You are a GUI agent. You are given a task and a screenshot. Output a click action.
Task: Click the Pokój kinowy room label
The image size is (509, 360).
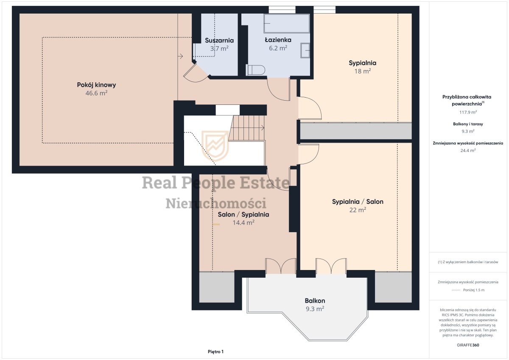point(96,85)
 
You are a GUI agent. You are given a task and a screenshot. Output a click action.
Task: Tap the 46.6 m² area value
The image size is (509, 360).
point(96,93)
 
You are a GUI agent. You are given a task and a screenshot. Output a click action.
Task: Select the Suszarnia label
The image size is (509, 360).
point(219,40)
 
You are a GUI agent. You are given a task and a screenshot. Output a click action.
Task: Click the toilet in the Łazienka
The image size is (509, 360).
point(256,70)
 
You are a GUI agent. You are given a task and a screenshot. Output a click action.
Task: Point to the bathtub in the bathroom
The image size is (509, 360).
point(287,23)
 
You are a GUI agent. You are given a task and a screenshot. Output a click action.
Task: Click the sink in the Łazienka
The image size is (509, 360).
point(305,50)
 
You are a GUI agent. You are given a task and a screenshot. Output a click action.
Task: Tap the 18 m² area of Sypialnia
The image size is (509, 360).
point(362,71)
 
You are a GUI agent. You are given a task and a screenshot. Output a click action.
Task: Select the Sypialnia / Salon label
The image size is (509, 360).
point(358,202)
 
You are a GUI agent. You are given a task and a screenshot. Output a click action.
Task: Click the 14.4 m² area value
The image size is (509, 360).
point(243,222)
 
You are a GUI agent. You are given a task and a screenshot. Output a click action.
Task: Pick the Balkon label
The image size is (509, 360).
point(315,301)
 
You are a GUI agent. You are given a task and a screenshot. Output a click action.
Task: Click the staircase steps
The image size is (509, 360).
point(247,128)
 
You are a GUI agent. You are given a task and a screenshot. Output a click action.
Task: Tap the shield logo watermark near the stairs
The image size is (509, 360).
point(215,146)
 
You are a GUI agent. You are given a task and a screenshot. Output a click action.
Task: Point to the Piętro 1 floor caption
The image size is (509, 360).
point(215,352)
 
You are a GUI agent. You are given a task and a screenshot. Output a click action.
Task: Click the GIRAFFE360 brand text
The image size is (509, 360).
point(468,345)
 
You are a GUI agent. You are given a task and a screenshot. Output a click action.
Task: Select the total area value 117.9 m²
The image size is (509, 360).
point(468,112)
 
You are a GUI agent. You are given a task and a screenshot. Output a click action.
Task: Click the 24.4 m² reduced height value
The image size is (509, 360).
point(468,150)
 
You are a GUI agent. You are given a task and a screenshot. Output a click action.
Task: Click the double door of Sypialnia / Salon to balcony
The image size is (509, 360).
point(331,266)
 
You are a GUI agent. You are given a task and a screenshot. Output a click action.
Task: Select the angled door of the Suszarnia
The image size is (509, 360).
point(196,73)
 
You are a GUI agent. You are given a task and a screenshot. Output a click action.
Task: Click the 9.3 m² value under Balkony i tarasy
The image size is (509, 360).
point(468,131)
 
